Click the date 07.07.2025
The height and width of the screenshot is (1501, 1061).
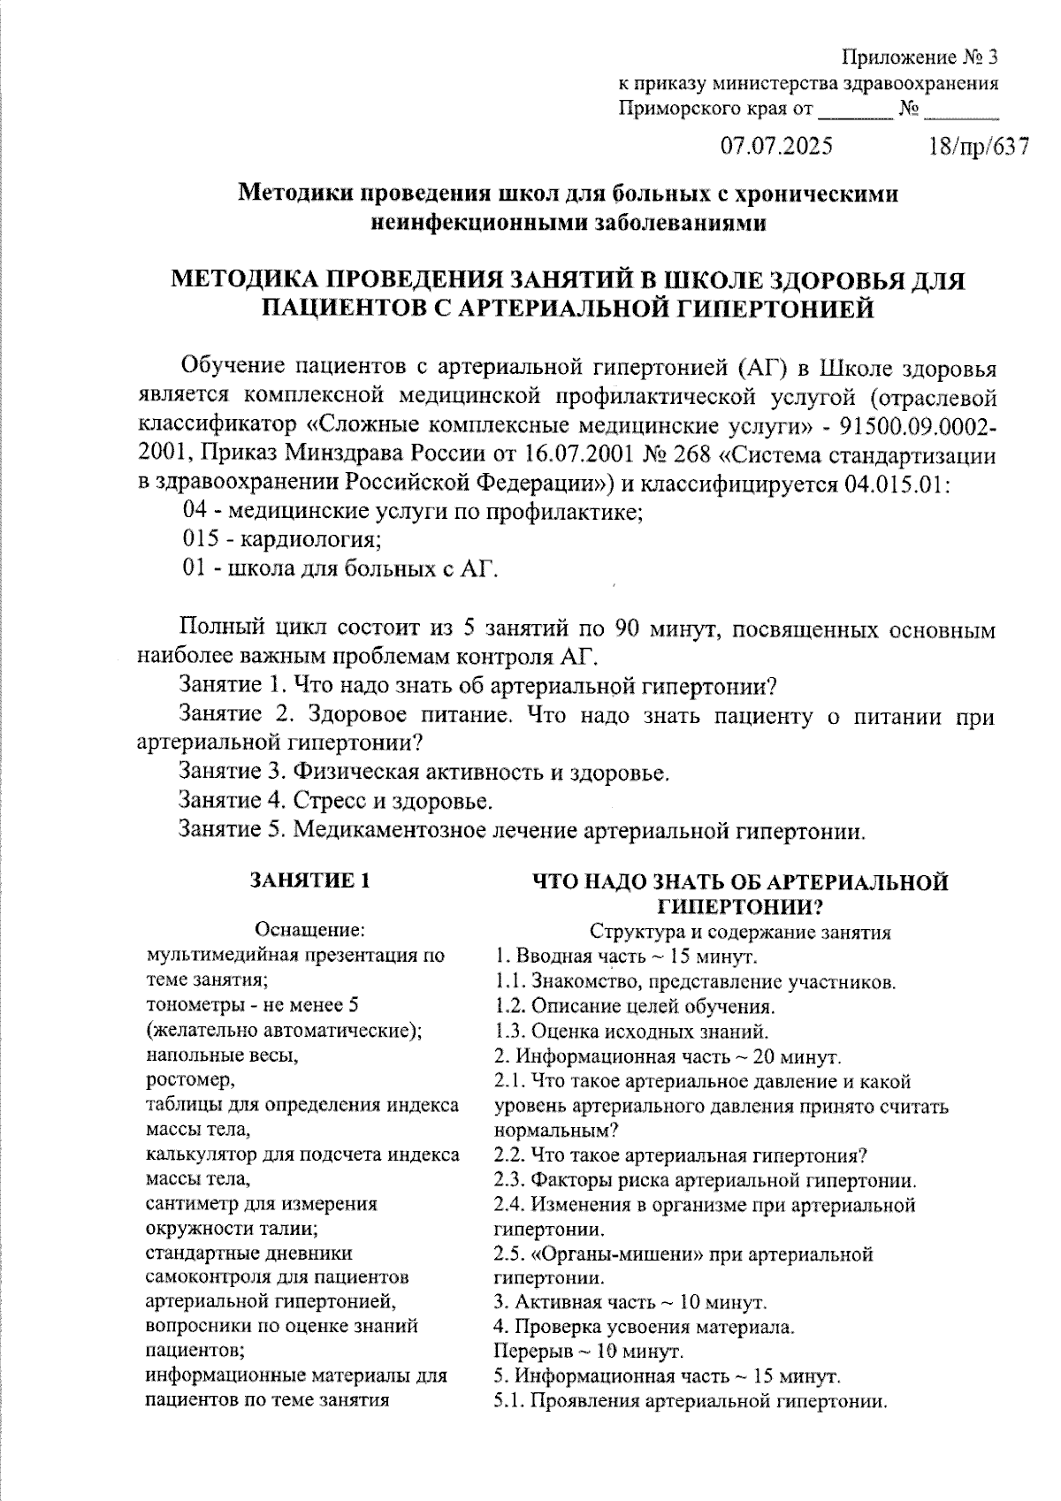click(776, 146)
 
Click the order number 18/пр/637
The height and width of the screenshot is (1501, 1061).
click(979, 146)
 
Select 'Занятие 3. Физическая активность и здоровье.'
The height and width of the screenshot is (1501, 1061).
click(424, 772)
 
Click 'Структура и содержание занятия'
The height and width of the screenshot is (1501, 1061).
click(740, 932)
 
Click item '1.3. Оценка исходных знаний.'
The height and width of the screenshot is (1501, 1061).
click(631, 1031)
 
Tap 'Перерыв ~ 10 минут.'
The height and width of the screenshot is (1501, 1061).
click(587, 1352)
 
